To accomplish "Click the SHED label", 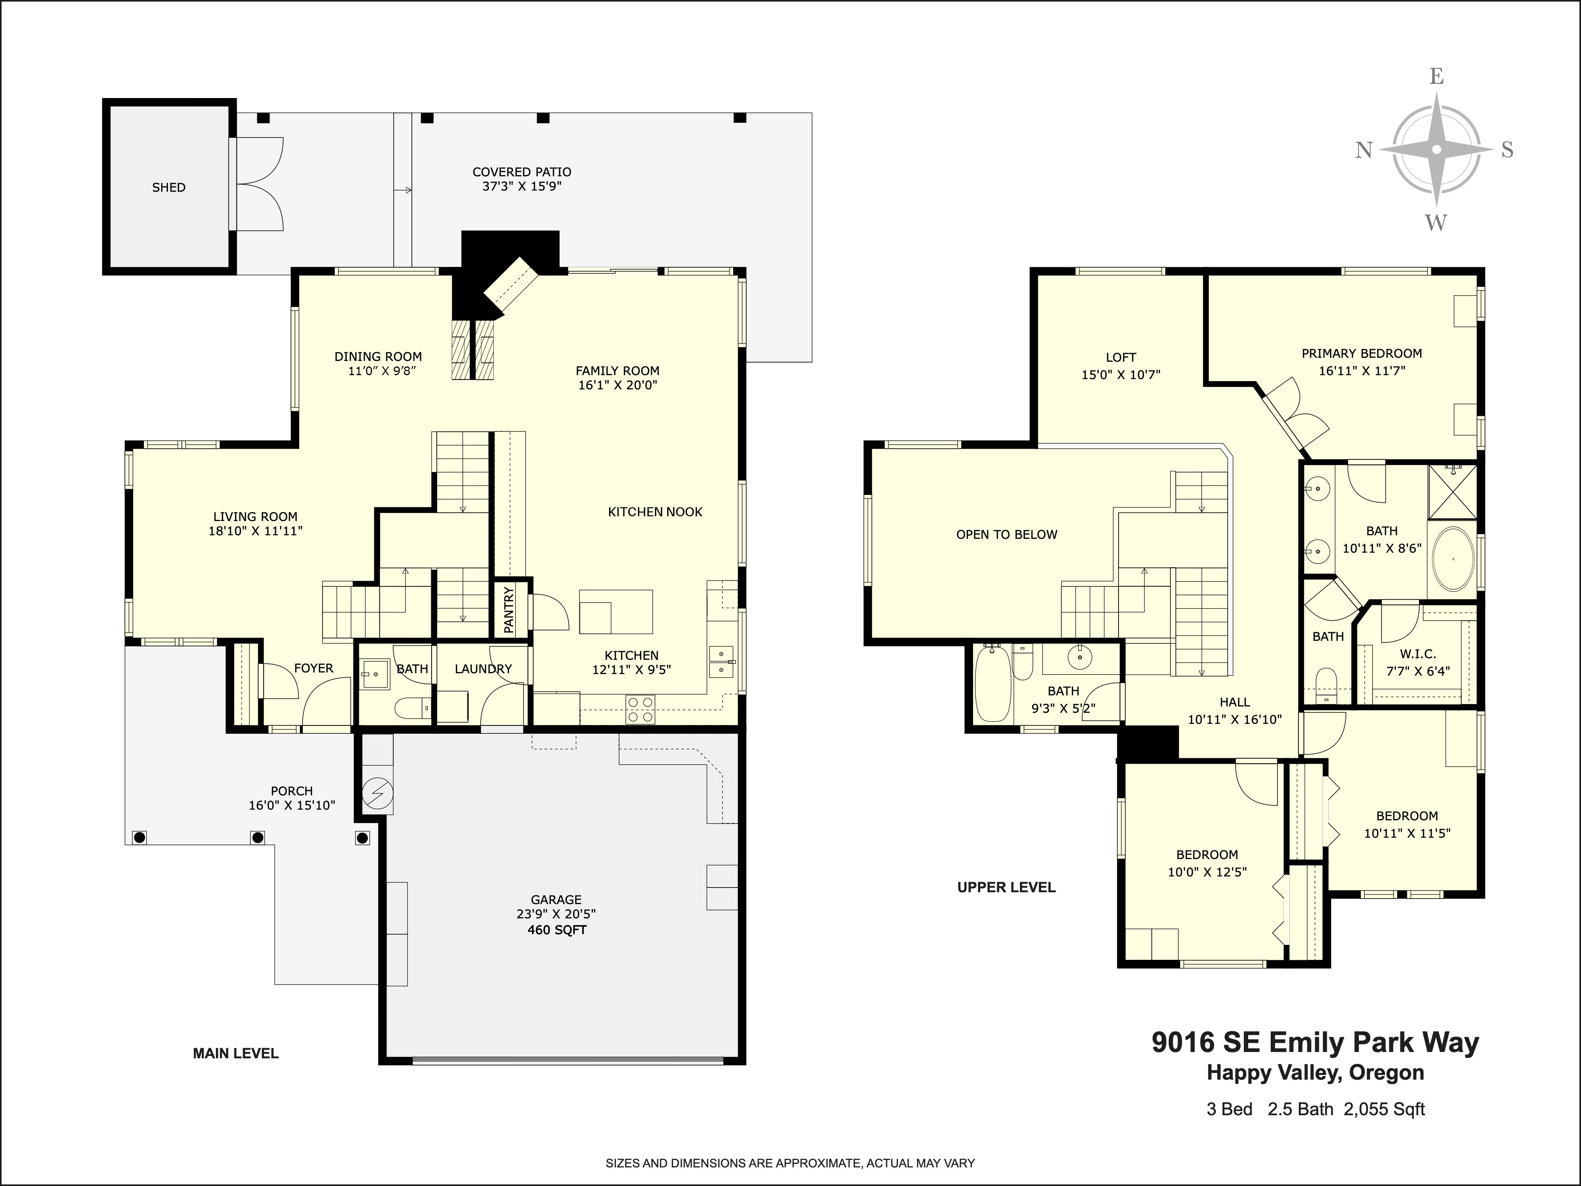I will pyautogui.click(x=169, y=187).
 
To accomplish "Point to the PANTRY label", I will pyautogui.click(x=509, y=610).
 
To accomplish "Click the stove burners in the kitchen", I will pyautogui.click(x=640, y=709).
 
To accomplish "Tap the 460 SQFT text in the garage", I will pyautogui.click(x=557, y=930).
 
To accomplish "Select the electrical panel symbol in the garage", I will pyautogui.click(x=377, y=792).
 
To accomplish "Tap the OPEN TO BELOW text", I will pyautogui.click(x=1006, y=535).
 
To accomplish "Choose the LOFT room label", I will pyautogui.click(x=1121, y=357).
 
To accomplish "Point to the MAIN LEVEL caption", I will pyautogui.click(x=236, y=1053).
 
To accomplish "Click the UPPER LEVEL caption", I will pyautogui.click(x=1006, y=887).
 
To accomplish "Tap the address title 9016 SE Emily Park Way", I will pyautogui.click(x=1315, y=1042).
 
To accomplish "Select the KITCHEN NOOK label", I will pyautogui.click(x=655, y=512).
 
